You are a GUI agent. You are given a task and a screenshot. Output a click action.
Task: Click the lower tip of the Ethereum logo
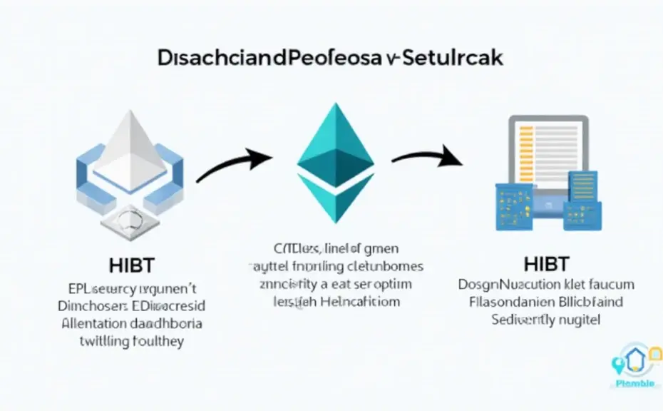coord(336,220)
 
